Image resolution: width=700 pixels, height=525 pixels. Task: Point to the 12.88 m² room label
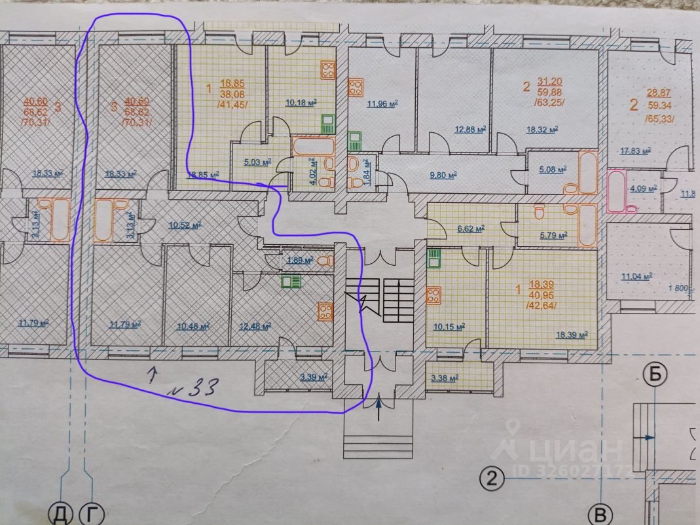470,129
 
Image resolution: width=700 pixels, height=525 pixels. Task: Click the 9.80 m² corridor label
442,175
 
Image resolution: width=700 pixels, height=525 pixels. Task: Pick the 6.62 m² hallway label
469,228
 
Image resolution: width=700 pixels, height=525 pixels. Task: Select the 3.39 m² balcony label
313,377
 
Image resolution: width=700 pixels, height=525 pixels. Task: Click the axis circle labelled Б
654,375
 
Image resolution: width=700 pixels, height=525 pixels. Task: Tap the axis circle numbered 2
492,479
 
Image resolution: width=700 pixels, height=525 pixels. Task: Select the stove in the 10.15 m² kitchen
433,295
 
